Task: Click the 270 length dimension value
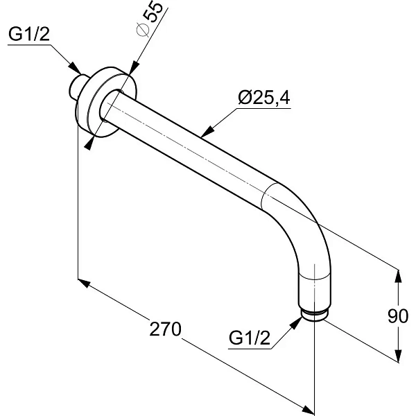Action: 165,329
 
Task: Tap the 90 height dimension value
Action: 398,316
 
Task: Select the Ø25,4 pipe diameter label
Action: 264,97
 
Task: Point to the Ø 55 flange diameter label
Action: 149,19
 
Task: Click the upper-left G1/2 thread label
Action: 29,34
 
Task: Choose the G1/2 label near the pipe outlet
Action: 250,338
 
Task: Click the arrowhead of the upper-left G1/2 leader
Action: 76,68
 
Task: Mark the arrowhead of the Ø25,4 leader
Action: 207,132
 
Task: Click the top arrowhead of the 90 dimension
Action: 398,277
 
